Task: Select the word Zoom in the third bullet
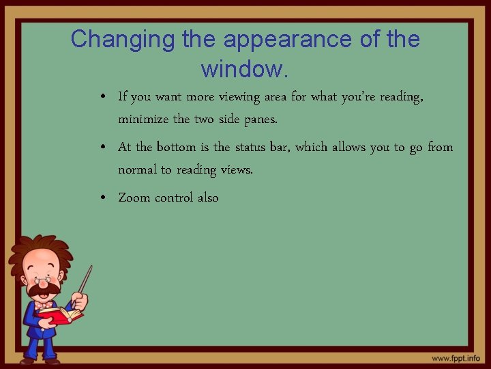coord(134,197)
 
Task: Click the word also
coord(208,197)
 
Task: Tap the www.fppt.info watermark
coord(455,358)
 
